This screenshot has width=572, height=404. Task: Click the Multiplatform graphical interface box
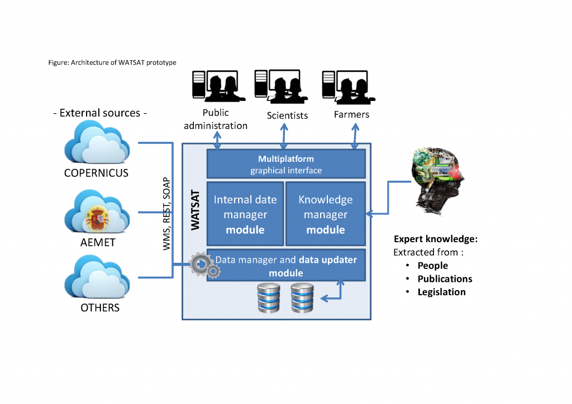coord(286,164)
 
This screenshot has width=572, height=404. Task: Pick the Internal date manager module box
coord(245,214)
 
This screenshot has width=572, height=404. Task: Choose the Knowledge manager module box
coord(325,214)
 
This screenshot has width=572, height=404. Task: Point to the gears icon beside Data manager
coord(204,266)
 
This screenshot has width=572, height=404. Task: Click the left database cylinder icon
coord(269,298)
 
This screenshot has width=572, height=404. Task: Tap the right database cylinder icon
coord(302,298)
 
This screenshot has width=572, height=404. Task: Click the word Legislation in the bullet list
coord(441,292)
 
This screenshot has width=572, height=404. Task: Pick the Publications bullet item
coord(445,279)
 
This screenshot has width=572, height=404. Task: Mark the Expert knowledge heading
coord(436,239)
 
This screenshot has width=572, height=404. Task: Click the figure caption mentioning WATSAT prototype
coord(112,62)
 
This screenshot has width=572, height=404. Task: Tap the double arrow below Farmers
coord(355,137)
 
